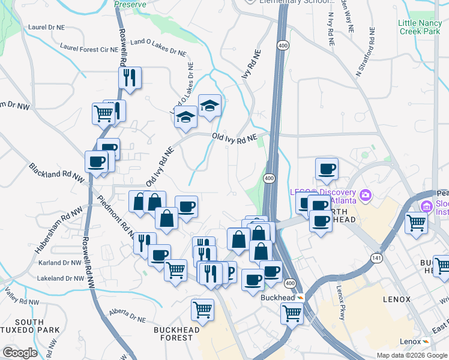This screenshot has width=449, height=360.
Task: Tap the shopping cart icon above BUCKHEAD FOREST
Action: pos(202,310)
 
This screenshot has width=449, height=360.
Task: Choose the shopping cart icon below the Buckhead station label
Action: pos(292,312)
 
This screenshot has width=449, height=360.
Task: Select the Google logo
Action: pos(20,352)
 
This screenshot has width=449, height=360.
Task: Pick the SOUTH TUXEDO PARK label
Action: pos(30,326)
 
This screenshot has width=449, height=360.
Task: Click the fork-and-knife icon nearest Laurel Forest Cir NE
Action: pos(130,77)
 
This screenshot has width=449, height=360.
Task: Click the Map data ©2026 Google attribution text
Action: pos(411,355)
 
